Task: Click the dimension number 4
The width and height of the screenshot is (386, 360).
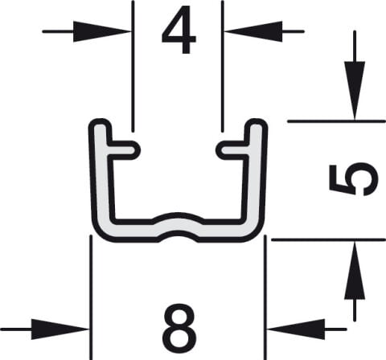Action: (x=179, y=30)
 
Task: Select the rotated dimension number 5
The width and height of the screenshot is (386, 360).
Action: (x=353, y=180)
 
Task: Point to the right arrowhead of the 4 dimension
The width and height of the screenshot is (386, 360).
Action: (x=253, y=31)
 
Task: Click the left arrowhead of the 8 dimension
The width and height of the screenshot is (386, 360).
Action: (x=60, y=329)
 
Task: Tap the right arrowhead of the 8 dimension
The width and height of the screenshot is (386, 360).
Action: (x=296, y=329)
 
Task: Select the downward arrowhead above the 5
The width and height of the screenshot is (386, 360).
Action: (x=355, y=91)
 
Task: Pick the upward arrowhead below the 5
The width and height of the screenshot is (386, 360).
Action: (x=355, y=270)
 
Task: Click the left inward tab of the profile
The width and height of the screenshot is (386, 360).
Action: (x=123, y=149)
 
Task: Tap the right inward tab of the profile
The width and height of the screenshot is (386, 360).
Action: (x=232, y=149)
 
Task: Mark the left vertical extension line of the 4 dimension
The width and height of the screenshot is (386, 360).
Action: (x=133, y=66)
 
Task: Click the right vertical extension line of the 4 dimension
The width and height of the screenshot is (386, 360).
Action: (x=223, y=66)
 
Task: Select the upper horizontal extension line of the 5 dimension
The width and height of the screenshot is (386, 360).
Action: (x=337, y=121)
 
